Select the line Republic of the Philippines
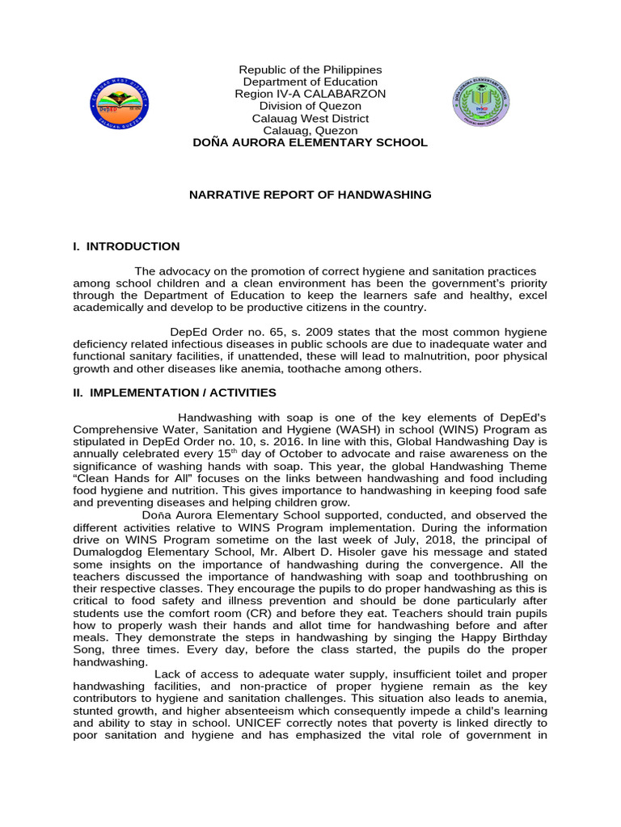tap(310, 70)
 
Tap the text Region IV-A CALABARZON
tap(310, 94)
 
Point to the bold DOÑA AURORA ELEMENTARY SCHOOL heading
tap(310, 142)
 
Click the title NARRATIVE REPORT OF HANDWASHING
tap(310, 195)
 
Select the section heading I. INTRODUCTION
tap(126, 246)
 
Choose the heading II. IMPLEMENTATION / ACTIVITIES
tap(175, 393)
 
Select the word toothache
tap(315, 368)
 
